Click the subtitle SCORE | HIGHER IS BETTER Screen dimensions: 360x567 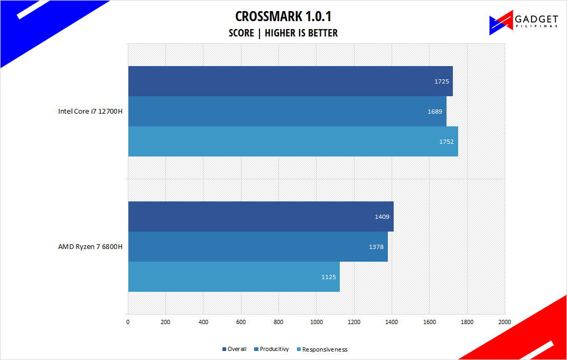click(283, 33)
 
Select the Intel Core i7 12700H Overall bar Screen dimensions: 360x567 click(290, 81)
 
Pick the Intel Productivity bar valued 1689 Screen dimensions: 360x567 click(287, 111)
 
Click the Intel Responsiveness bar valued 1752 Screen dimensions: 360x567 click(293, 141)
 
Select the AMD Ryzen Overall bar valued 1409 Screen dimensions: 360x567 click(261, 216)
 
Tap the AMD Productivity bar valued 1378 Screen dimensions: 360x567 click(258, 246)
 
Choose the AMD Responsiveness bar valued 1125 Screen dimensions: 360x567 click(234, 276)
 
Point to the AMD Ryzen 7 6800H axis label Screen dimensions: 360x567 click(90, 247)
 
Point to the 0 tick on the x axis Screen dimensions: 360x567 click(128, 321)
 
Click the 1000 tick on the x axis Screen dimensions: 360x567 click(316, 321)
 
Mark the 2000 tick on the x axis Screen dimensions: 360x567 click(505, 321)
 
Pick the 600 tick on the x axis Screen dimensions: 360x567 click(241, 321)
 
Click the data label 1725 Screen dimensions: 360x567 click(441, 81)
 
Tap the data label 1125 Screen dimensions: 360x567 click(328, 277)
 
